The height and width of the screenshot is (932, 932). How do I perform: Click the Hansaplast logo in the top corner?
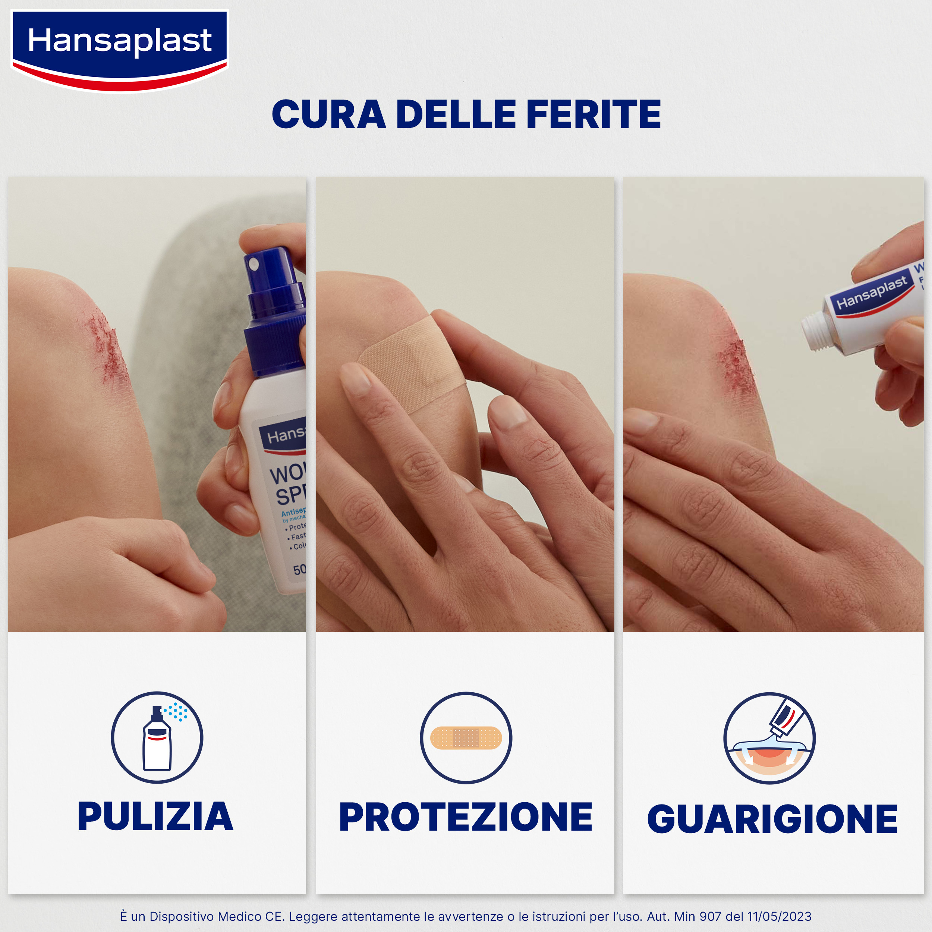[x=119, y=48]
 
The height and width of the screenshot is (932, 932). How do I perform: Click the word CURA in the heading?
[x=328, y=115]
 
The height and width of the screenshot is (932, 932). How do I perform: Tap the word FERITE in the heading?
[x=593, y=115]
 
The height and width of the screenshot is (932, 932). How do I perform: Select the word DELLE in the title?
[x=456, y=115]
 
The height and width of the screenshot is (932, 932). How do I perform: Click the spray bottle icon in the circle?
[x=157, y=738]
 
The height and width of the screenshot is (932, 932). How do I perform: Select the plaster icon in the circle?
[x=466, y=738]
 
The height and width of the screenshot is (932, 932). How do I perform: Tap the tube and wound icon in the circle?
[x=769, y=738]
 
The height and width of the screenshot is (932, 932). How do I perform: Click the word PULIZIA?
[x=155, y=817]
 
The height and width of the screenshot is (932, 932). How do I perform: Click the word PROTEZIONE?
[x=466, y=817]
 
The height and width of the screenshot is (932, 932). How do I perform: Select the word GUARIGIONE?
[x=772, y=819]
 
